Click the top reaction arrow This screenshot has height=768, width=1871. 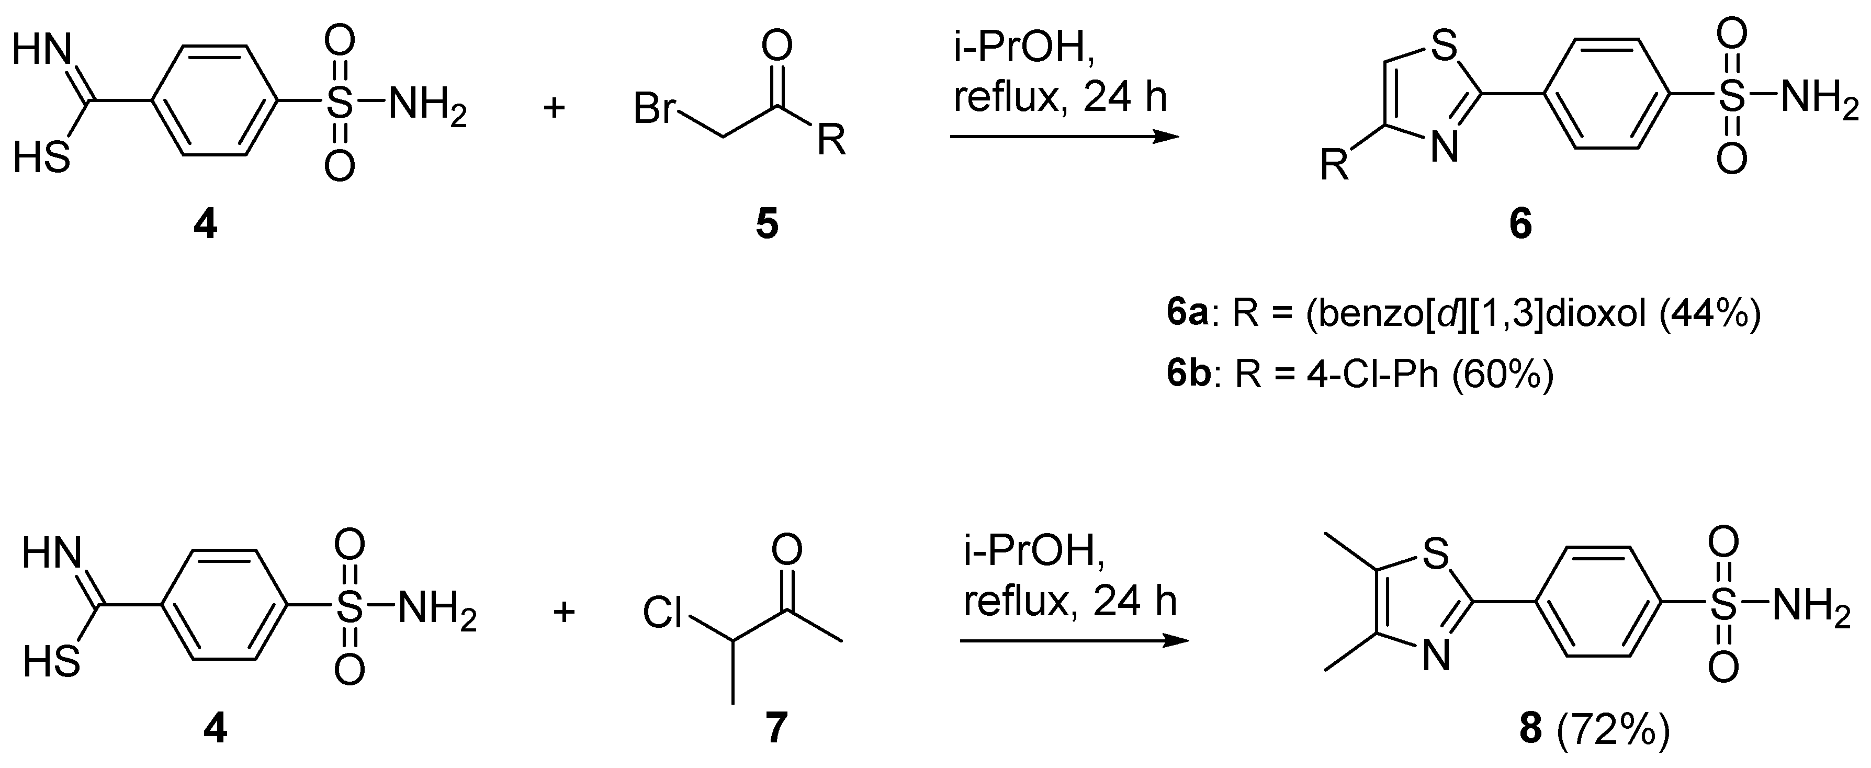(1064, 136)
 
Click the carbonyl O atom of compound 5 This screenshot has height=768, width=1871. (777, 46)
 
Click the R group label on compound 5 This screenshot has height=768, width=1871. (831, 141)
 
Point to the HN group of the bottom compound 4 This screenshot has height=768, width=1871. (51, 555)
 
